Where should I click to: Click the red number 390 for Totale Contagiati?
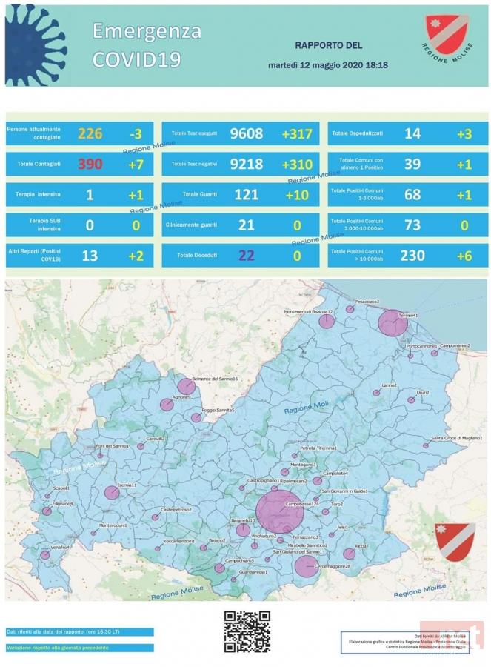pyautogui.click(x=90, y=164)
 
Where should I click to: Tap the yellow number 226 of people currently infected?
pyautogui.click(x=90, y=133)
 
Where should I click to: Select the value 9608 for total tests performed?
pyautogui.click(x=246, y=133)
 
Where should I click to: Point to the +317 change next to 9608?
pyautogui.click(x=297, y=133)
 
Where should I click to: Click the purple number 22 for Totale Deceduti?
pyautogui.click(x=246, y=255)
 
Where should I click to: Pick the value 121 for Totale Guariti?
pyautogui.click(x=246, y=194)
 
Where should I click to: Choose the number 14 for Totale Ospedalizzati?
pyautogui.click(x=412, y=133)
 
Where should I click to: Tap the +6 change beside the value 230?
pyautogui.click(x=464, y=255)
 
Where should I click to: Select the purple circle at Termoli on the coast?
pyautogui.click(x=388, y=323)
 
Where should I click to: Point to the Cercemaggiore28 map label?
pyautogui.click(x=333, y=566)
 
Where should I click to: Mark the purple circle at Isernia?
pyautogui.click(x=112, y=492)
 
